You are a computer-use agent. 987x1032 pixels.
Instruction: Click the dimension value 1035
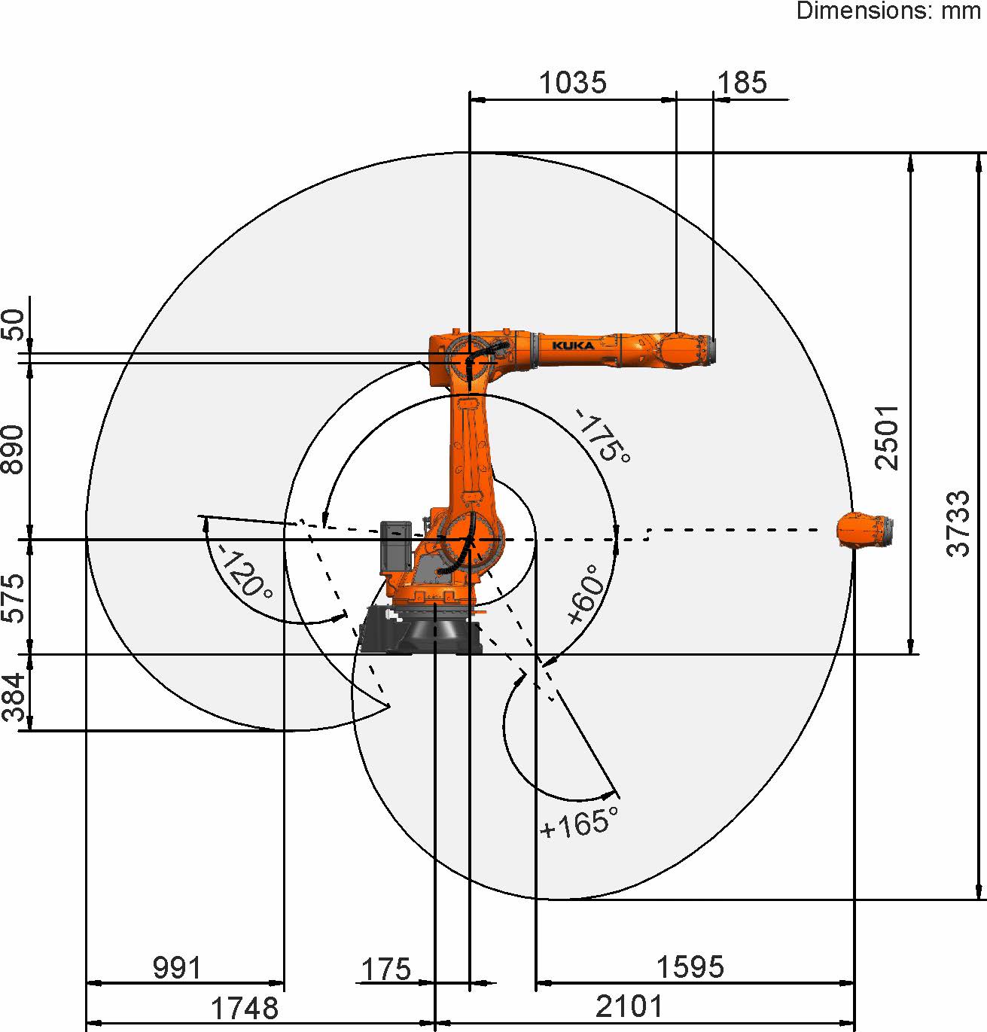point(572,83)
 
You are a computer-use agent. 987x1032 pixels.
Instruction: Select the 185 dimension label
point(742,83)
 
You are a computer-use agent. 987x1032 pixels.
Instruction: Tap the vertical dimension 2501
point(887,437)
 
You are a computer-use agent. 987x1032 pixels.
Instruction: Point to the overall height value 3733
point(958,524)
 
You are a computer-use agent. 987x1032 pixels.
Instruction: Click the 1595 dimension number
point(690,967)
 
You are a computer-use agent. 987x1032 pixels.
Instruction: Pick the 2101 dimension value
point(629,1006)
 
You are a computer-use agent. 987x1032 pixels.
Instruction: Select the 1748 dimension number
point(245,1008)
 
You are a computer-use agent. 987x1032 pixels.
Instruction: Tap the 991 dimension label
point(177,968)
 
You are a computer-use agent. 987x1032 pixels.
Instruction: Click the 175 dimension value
point(386,970)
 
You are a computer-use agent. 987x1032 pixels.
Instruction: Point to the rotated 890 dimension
point(13,449)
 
